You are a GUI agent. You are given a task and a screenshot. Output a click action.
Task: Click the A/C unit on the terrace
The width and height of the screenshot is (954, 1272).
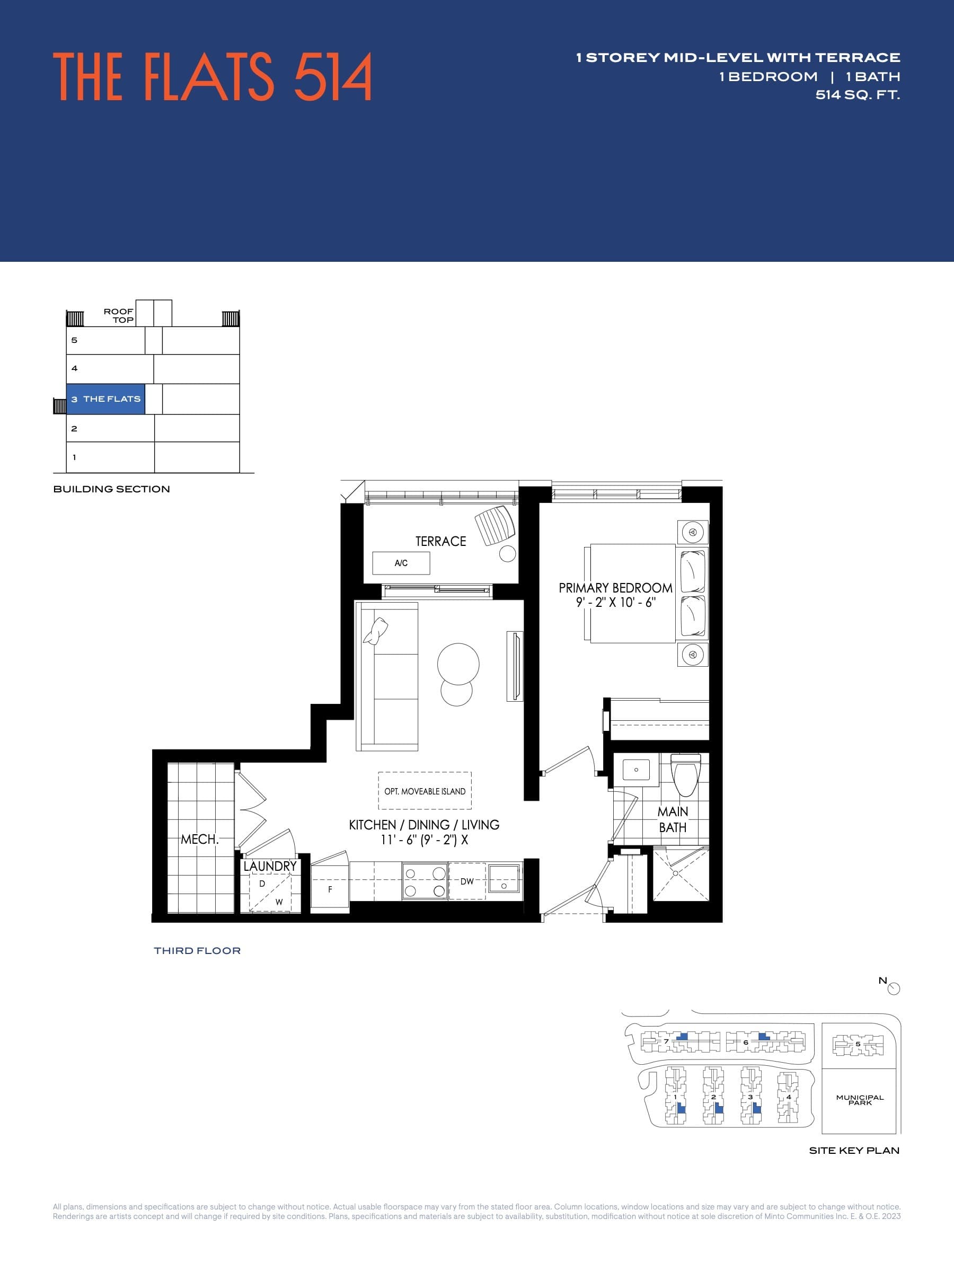point(401,563)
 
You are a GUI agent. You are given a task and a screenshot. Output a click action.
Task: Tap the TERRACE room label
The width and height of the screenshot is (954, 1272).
point(440,541)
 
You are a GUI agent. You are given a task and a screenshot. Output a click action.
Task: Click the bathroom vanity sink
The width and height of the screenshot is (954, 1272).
point(636,770)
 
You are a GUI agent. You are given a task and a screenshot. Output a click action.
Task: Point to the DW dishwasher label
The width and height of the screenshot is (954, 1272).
point(467,881)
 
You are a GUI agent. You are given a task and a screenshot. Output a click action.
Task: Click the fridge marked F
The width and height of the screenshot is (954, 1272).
point(330,889)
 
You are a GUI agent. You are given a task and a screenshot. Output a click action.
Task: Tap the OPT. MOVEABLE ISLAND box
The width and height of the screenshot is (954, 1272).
point(425,791)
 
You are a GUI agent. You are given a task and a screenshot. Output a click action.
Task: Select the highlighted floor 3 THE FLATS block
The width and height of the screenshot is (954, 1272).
point(106,399)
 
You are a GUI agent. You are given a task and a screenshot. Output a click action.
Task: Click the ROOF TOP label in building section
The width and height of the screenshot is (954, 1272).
point(119,316)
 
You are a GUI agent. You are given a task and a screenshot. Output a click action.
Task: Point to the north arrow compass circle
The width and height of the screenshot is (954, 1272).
point(894,988)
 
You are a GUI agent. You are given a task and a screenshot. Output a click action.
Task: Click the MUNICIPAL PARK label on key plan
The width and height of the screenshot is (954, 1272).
point(860,1100)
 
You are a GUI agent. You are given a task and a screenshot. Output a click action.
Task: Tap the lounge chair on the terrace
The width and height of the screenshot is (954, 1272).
point(495,525)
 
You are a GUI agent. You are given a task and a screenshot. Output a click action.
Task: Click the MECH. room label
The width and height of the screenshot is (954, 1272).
point(199,839)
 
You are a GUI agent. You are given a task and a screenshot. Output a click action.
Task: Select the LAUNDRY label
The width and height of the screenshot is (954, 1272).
point(270,866)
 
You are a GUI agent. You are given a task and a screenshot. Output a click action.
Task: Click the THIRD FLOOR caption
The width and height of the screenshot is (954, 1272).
point(197,950)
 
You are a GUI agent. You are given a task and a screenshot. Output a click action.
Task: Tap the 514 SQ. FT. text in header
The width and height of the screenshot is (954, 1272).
point(858,95)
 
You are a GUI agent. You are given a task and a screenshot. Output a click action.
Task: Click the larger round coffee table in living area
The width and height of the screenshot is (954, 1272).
point(458,664)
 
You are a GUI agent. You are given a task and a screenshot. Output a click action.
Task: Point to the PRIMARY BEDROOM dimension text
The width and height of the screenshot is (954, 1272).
point(615,603)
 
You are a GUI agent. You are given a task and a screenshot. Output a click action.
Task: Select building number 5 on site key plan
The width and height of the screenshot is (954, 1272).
point(858,1044)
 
